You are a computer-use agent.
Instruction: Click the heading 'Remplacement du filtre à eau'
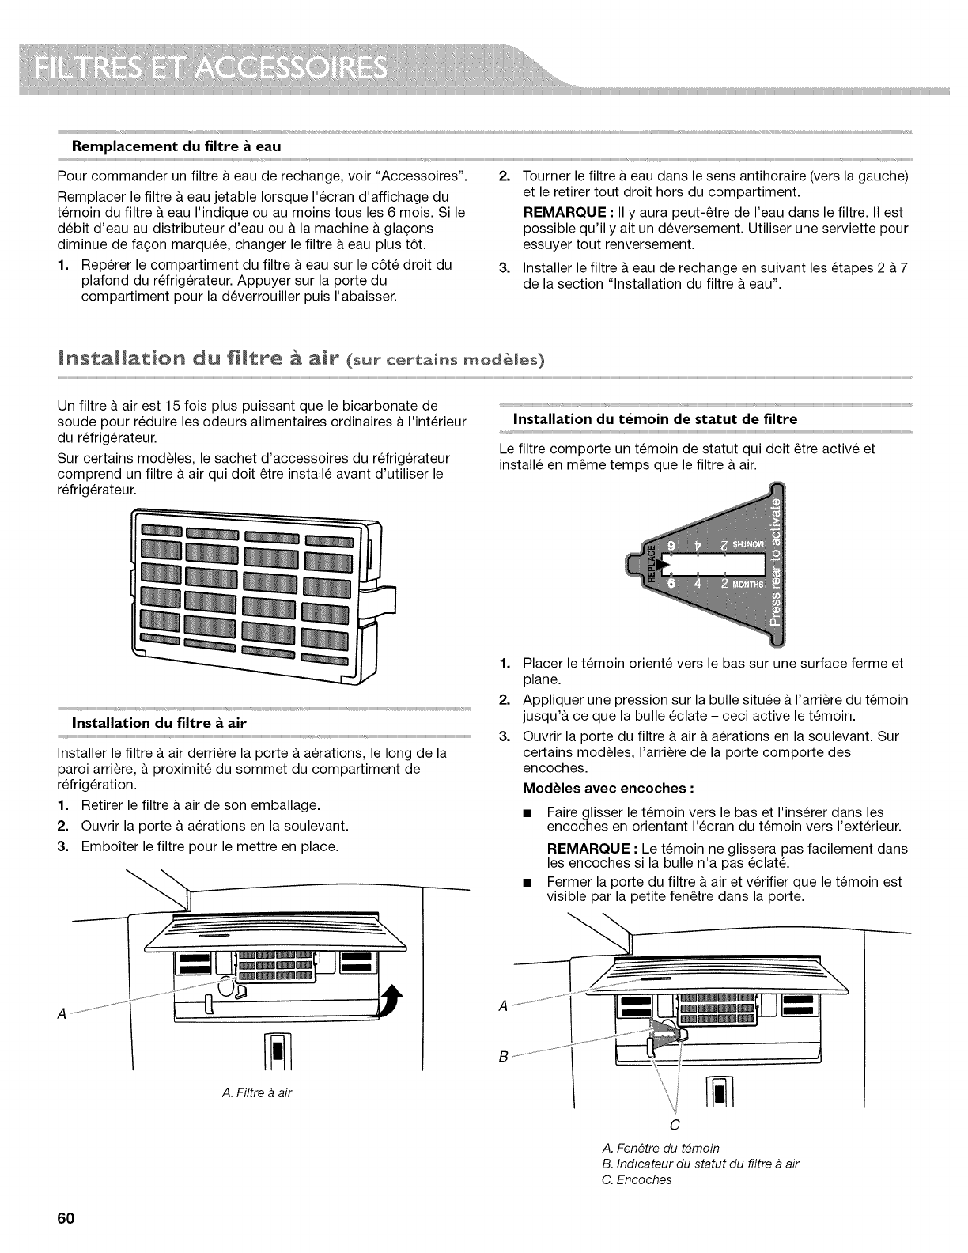pyautogui.click(x=177, y=146)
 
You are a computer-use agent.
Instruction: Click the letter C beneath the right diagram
pyautogui.click(x=674, y=1124)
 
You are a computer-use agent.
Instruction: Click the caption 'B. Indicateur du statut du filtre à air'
pyautogui.click(x=700, y=1164)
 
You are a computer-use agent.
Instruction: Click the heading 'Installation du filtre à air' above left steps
pyautogui.click(x=160, y=722)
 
